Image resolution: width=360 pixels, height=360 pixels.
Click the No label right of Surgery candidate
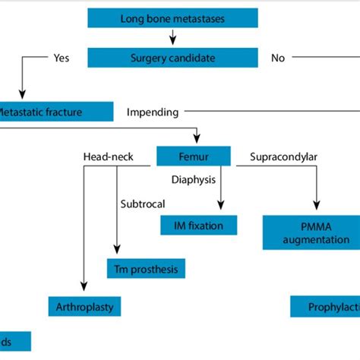point(278,58)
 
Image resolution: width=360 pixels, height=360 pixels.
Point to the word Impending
point(153,112)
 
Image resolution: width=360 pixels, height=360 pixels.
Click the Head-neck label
point(109,157)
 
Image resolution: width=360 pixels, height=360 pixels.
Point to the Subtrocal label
point(142,204)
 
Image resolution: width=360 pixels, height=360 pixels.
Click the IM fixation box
point(198,225)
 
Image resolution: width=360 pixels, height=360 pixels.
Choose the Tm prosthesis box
point(146,268)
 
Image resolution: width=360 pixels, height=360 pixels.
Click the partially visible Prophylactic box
point(325,307)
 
